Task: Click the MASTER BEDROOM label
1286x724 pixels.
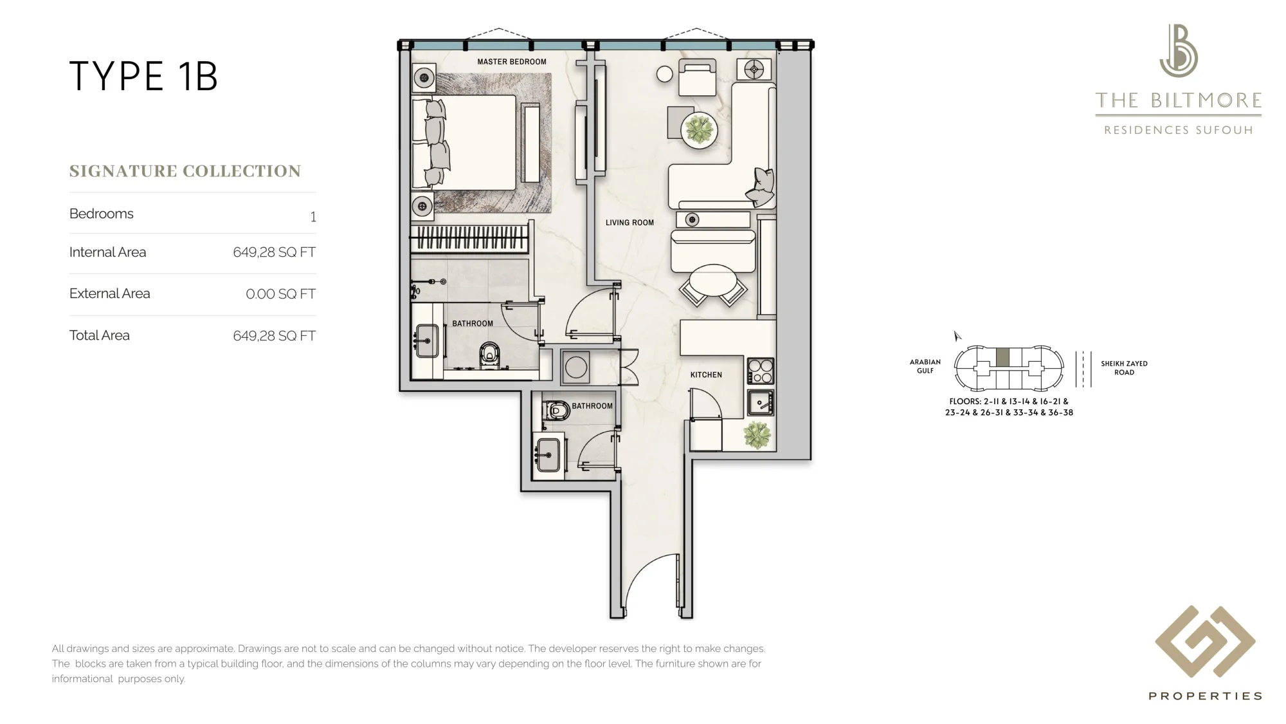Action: point(512,62)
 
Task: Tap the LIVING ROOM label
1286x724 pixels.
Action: point(629,223)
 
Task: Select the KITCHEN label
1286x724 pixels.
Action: point(706,375)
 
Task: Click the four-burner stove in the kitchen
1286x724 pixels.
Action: point(760,371)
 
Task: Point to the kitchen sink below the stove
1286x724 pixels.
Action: point(760,403)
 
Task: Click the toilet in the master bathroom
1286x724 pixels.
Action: point(489,355)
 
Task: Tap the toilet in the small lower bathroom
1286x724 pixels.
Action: point(556,411)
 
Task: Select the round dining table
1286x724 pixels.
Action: point(713,281)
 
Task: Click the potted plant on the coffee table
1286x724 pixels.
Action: point(700,131)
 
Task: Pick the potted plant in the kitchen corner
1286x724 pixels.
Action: point(757,435)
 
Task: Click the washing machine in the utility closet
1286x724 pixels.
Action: point(575,367)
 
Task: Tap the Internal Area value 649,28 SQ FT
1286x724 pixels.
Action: point(274,252)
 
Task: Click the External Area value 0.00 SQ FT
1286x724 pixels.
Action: point(280,294)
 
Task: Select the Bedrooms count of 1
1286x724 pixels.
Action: point(313,217)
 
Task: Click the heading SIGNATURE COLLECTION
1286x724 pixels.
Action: point(185,171)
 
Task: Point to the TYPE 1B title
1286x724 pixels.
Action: point(143,77)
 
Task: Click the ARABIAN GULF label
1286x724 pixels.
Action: point(925,366)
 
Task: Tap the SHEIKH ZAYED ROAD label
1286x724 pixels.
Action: point(1124,368)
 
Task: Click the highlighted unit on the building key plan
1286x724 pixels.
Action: point(1002,357)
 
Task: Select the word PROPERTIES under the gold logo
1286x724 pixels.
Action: point(1205,696)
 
